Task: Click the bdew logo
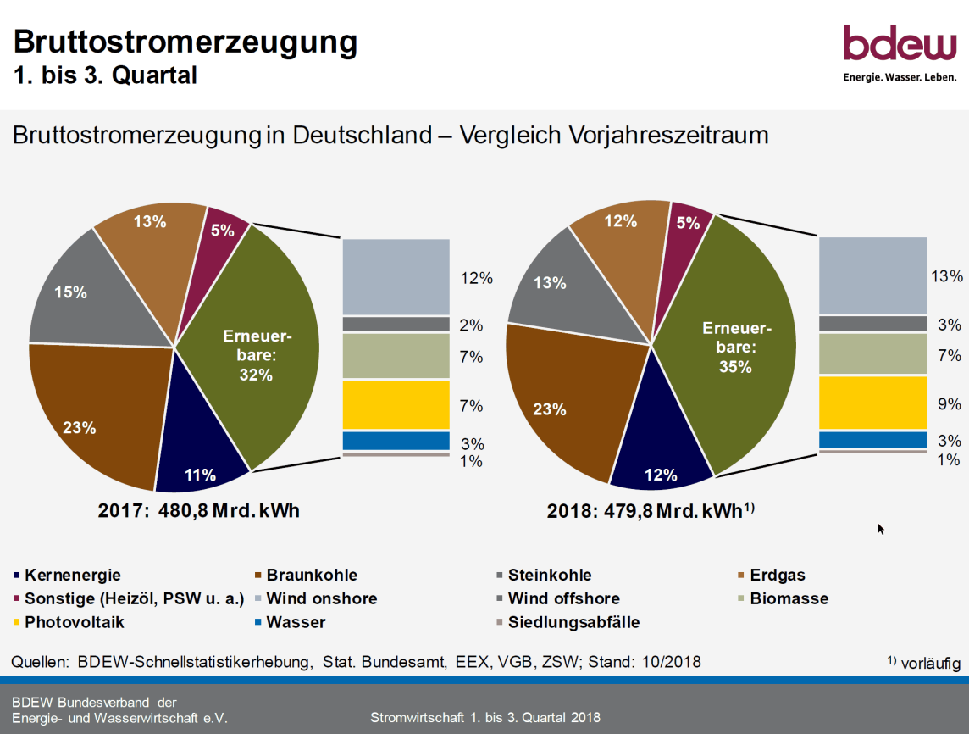[x=900, y=53]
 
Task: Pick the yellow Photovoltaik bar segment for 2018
[x=872, y=403]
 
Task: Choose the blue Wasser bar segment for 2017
[x=396, y=441]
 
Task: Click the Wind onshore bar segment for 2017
[x=396, y=277]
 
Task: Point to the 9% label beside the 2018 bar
[x=950, y=404]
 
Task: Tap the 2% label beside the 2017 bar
[x=471, y=325]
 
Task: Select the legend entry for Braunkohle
[x=306, y=576]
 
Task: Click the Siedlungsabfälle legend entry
[x=568, y=622]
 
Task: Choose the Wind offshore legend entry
[x=558, y=598]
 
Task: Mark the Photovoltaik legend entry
[x=69, y=622]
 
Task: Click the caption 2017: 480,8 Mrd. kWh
[x=198, y=511]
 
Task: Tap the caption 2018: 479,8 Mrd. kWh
[x=651, y=511]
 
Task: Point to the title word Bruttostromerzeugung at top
[x=185, y=42]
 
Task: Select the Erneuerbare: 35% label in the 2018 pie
[x=736, y=348]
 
